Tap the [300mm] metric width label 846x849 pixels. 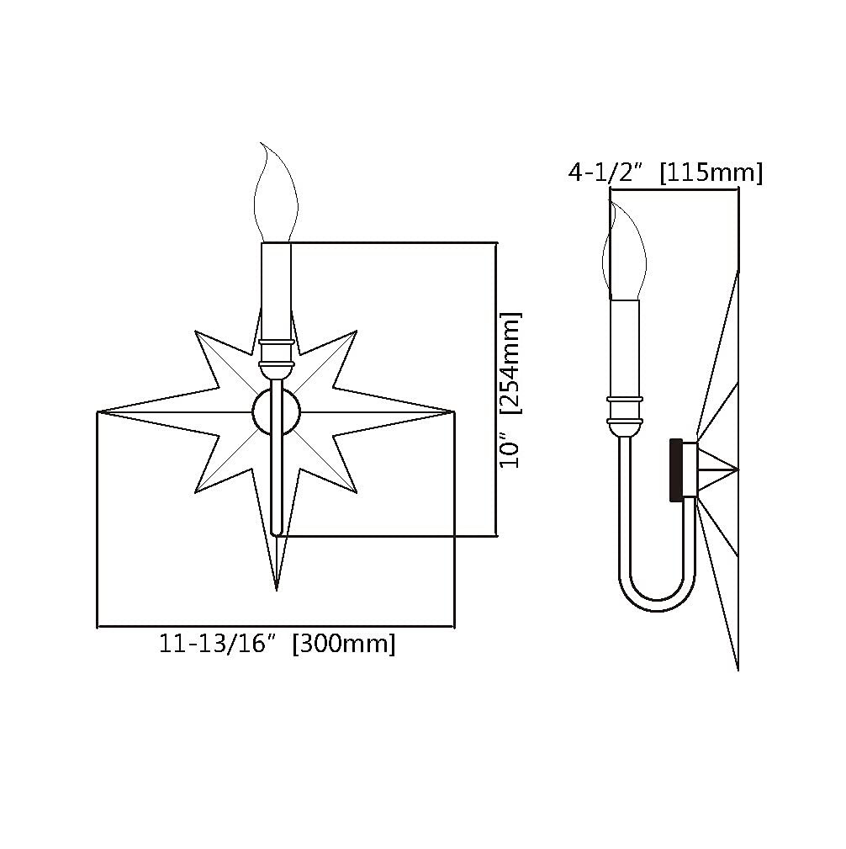click(344, 645)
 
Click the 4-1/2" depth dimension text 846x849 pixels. click(605, 172)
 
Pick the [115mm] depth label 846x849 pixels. click(711, 172)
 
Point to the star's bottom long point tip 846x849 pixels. click(277, 590)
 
